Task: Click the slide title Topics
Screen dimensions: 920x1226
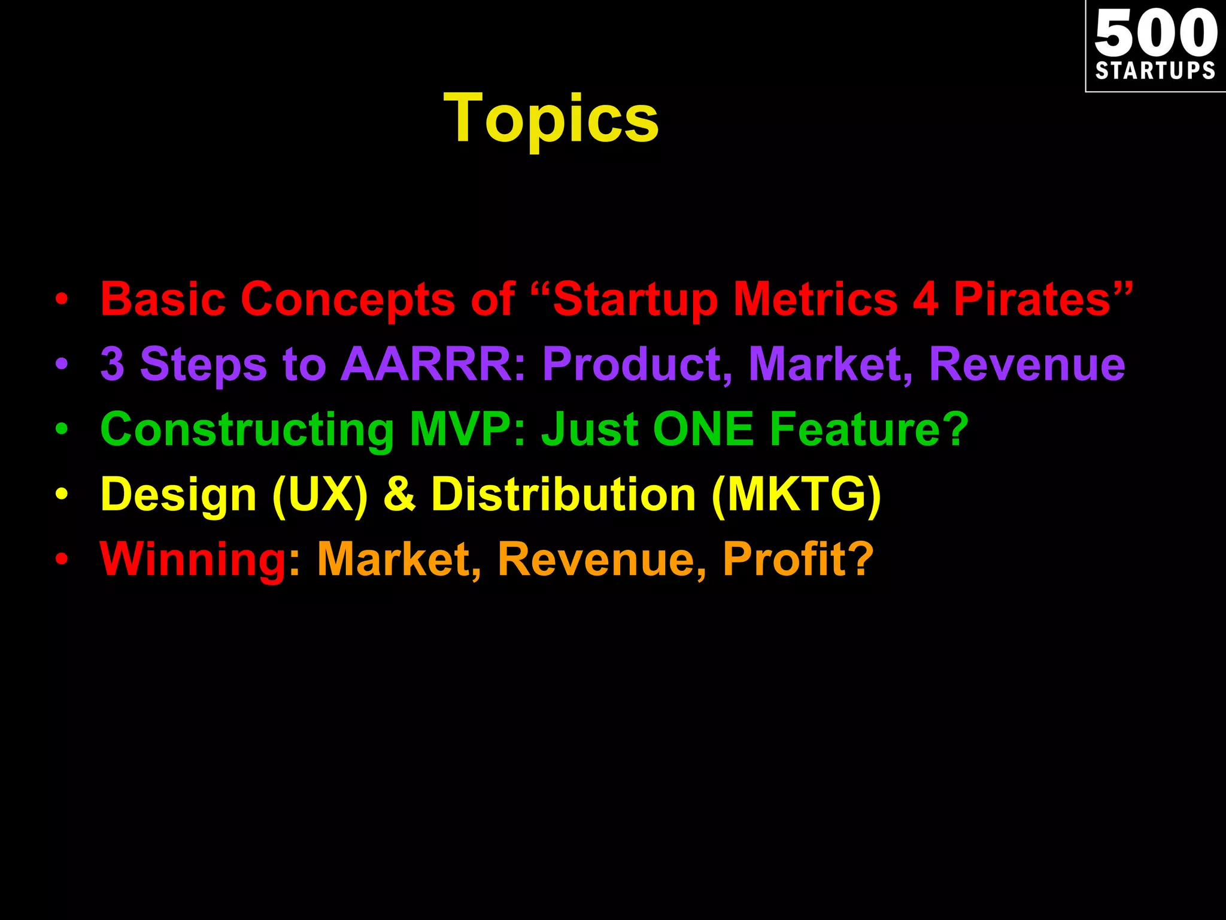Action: (551, 119)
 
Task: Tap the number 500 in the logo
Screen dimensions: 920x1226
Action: (1155, 34)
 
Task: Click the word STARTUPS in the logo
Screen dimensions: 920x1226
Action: (1155, 71)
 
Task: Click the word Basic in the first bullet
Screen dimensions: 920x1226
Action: (163, 298)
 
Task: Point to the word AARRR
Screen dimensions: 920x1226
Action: (426, 364)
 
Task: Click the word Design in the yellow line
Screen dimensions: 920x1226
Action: (178, 495)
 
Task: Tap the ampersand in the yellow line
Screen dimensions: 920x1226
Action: (399, 495)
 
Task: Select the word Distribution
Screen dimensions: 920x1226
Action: (563, 495)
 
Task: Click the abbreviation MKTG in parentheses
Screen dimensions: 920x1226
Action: (796, 495)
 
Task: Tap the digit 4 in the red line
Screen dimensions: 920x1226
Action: (925, 298)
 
